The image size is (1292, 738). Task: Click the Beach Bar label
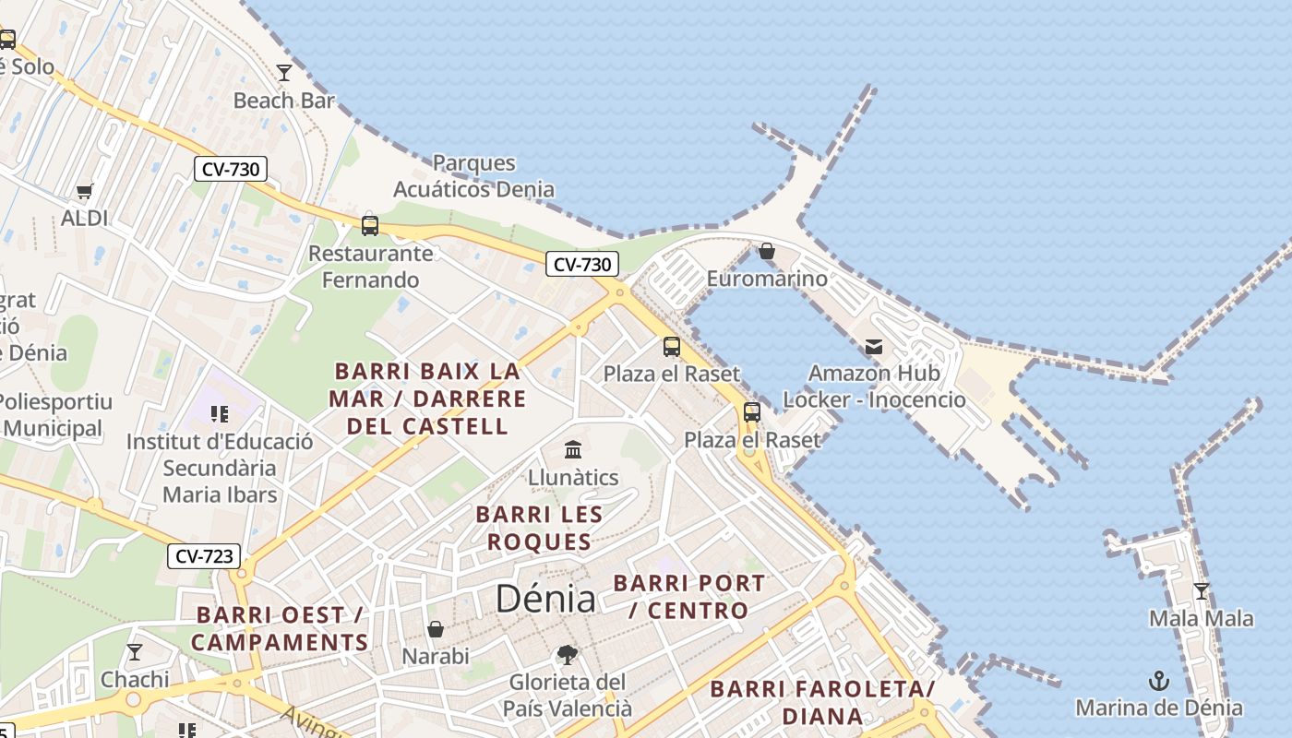pos(283,101)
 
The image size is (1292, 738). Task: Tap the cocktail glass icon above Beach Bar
pos(284,72)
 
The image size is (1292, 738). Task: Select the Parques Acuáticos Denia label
pos(474,176)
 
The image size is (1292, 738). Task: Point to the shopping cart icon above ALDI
pos(85,191)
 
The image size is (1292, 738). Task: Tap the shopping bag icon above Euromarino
pos(766,251)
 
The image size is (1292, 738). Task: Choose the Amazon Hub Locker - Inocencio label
pos(874,387)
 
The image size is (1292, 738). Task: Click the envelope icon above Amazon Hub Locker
pos(873,347)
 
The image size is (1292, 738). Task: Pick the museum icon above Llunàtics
pos(573,450)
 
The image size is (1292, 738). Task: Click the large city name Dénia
pos(545,599)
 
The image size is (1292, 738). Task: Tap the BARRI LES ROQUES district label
pos(539,528)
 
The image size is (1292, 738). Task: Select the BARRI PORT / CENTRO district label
pos(689,597)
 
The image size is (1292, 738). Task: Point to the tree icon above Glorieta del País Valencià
pos(568,655)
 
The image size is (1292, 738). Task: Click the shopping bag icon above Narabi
pos(436,629)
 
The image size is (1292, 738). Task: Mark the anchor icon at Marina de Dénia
pos(1158,682)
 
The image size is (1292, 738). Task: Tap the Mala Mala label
pos(1201,618)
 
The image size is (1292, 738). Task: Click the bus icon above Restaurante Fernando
pos(370,225)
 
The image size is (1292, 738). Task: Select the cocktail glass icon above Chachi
pos(135,652)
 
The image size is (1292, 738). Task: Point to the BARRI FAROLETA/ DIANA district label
pos(822,702)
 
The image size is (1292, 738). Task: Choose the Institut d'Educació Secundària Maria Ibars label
pos(220,468)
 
